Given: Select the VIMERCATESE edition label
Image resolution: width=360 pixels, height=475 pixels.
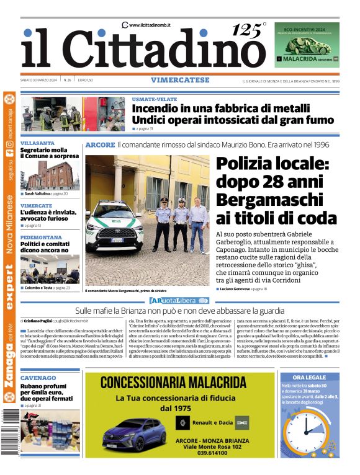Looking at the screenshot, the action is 179,80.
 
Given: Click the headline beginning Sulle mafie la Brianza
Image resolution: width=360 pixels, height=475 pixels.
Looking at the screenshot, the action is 181,310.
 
